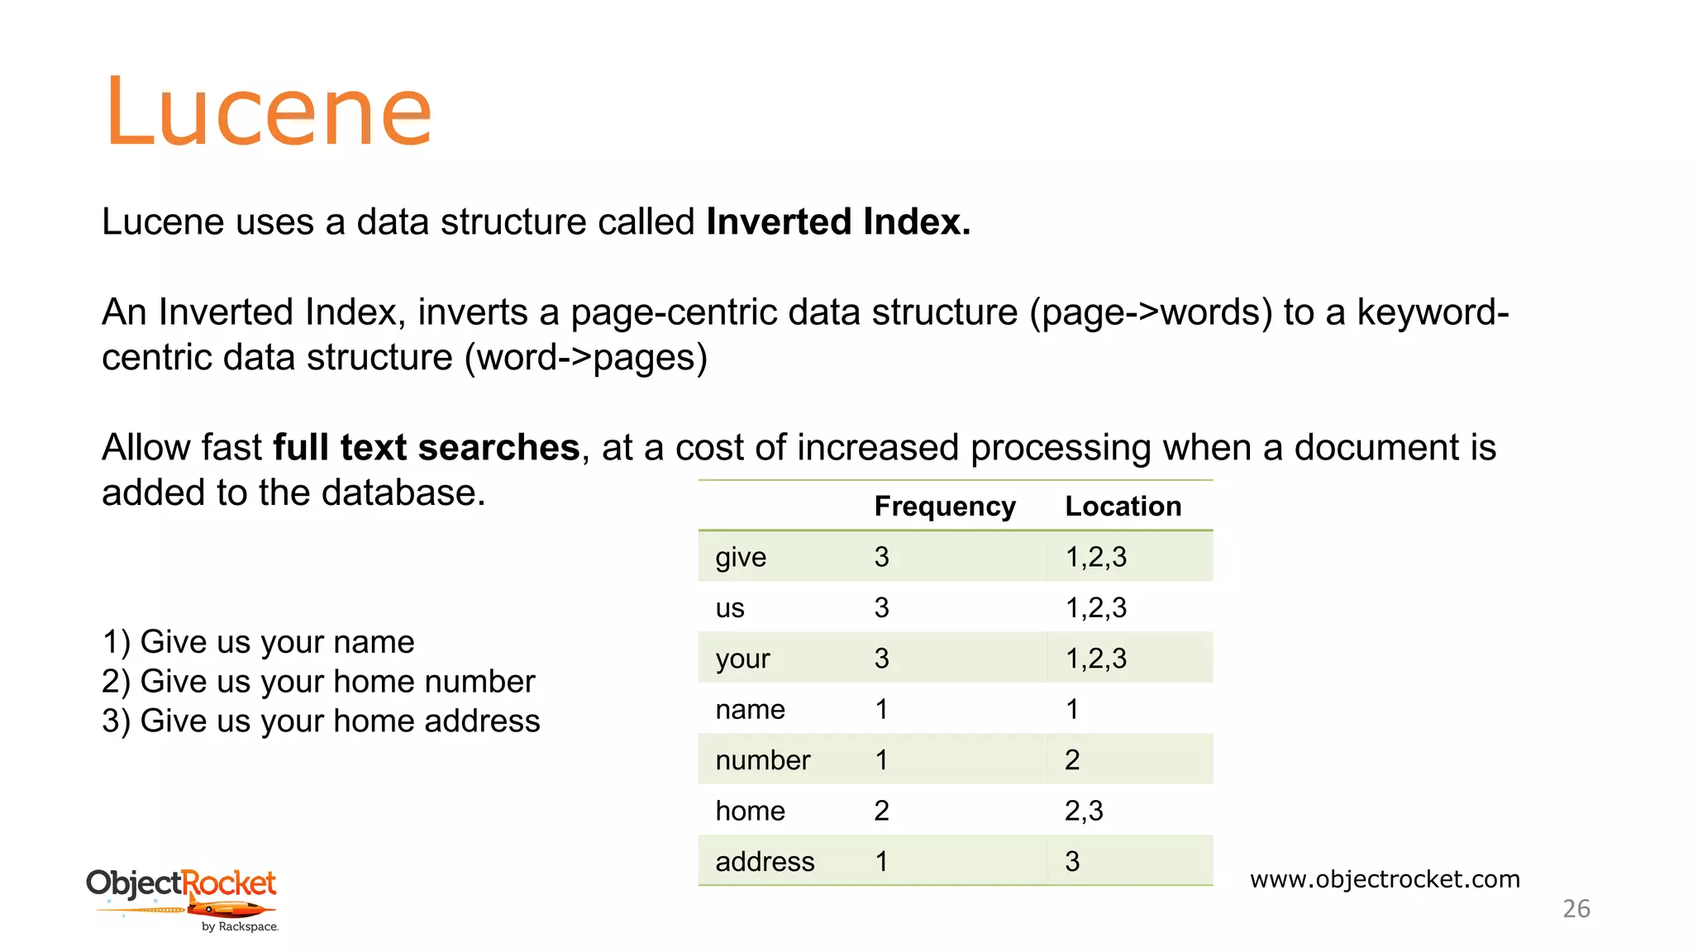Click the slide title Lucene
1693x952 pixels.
(x=268, y=112)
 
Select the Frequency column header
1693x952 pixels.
(x=944, y=506)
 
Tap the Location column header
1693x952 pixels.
(x=1123, y=506)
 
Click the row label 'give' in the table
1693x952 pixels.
(x=741, y=557)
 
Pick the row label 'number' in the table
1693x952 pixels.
(x=762, y=759)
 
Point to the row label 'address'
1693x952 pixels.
(x=765, y=861)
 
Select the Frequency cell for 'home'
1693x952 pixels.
(x=881, y=811)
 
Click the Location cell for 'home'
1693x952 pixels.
(x=1083, y=811)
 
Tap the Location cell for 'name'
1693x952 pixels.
(x=1072, y=709)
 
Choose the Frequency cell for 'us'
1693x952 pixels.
(x=881, y=607)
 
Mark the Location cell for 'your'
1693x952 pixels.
(x=1095, y=659)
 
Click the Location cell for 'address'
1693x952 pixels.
(x=1072, y=861)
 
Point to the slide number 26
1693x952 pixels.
(x=1576, y=909)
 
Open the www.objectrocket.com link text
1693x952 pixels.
(x=1385, y=878)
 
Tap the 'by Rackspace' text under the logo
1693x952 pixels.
(x=240, y=927)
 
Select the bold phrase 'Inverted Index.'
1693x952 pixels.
(x=837, y=221)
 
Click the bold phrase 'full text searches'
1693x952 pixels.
(x=426, y=447)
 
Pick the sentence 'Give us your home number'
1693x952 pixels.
(x=337, y=682)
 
